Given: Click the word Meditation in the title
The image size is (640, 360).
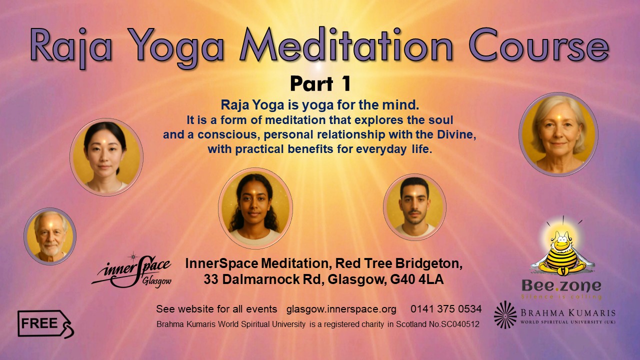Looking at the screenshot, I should pyautogui.click(x=346, y=46).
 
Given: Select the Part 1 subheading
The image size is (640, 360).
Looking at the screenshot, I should pyautogui.click(x=320, y=84).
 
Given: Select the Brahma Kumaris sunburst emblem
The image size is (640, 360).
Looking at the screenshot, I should pyautogui.click(x=505, y=314).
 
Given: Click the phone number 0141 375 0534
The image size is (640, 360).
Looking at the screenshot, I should pyautogui.click(x=446, y=308).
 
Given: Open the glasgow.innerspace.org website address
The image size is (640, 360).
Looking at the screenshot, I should pyautogui.click(x=341, y=308).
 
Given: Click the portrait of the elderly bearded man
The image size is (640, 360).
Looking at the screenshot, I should pyautogui.click(x=50, y=236).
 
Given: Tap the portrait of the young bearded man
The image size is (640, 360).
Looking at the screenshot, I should pyautogui.click(x=414, y=206).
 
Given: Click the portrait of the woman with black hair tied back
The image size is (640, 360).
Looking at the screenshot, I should pyautogui.click(x=106, y=156).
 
